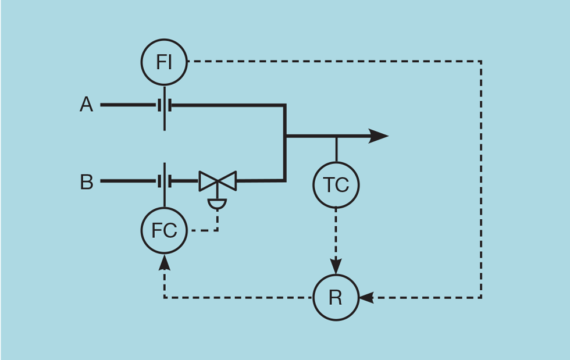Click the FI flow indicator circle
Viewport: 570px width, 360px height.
coord(164,62)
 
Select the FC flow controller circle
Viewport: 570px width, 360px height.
coord(164,231)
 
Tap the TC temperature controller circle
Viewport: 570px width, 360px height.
coord(336,185)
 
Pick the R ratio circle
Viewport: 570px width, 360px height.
coord(336,297)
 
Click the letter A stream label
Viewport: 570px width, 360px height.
coord(86,105)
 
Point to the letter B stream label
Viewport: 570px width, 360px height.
coord(86,182)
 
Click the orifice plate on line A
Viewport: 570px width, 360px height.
coord(164,105)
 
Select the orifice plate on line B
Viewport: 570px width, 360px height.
coord(164,181)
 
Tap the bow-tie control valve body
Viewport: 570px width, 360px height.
coord(218,181)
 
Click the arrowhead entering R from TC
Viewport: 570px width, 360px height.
coord(336,268)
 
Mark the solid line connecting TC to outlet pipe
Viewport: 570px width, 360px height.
coord(336,149)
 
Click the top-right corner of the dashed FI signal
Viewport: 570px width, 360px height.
coord(481,61)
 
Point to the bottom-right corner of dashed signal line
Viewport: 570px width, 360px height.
coord(481,297)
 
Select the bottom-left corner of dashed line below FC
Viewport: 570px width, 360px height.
coord(165,297)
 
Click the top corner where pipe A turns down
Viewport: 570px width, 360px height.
coord(285,105)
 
